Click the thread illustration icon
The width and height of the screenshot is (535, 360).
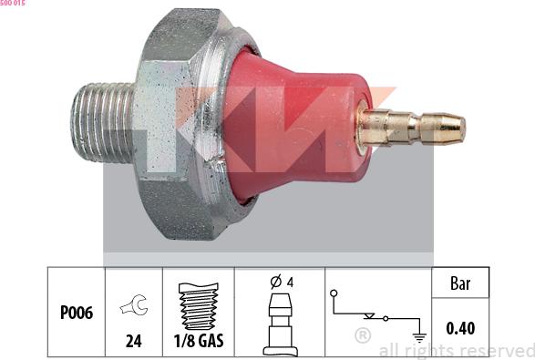(199, 307)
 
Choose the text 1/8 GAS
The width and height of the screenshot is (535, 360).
(199, 344)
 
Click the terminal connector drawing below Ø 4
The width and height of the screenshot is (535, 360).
(280, 321)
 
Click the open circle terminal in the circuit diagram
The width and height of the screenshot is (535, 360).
(334, 293)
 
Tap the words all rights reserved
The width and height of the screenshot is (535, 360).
(456, 350)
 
